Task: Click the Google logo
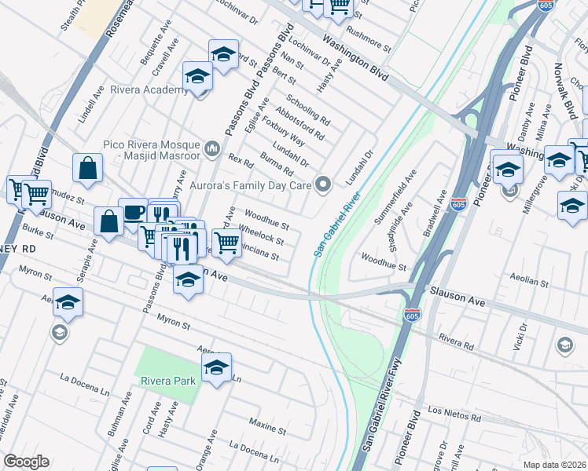pyautogui.click(x=26, y=462)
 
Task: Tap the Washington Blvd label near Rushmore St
pyautogui.click(x=356, y=54)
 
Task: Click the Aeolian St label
pyautogui.click(x=527, y=280)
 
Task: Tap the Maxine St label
pyautogui.click(x=266, y=423)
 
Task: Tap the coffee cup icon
pyautogui.click(x=133, y=212)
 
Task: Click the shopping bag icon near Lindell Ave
pyautogui.click(x=87, y=167)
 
